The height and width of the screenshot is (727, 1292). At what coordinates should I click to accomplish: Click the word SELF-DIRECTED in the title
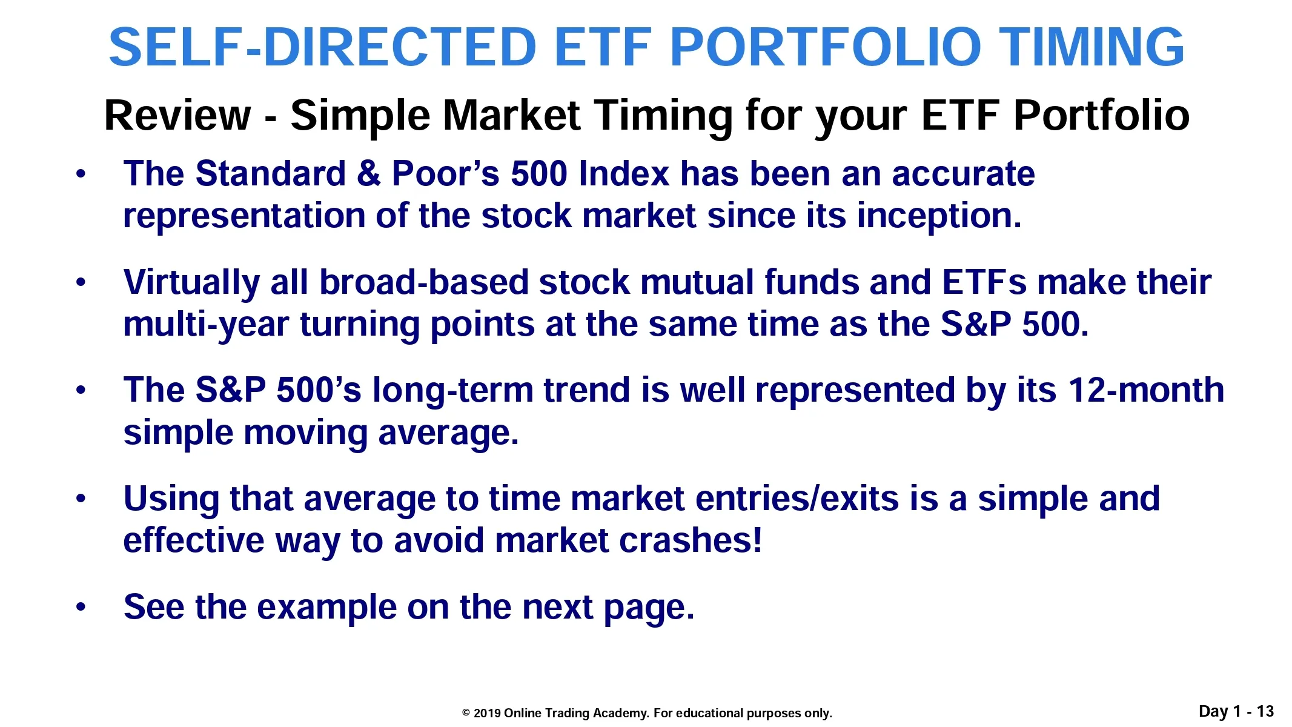pos(322,47)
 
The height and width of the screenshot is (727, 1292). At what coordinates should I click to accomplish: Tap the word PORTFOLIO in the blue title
pos(824,47)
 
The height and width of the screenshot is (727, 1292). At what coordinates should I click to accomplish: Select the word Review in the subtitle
pos(177,115)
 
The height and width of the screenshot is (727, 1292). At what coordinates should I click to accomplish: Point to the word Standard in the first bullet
pos(271,174)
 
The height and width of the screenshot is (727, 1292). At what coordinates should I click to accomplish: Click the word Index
pos(624,174)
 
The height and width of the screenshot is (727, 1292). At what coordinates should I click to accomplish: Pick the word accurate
pos(963,174)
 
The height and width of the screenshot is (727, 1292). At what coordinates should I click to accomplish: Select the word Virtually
pos(191,283)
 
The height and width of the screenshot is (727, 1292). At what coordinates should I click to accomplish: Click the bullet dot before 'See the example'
pos(81,607)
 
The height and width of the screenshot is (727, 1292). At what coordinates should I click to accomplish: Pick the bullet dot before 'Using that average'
pos(81,499)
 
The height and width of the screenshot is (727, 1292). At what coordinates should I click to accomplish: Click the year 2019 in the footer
pos(487,713)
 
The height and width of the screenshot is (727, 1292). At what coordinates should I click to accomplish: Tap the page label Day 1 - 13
pos(1236,711)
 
